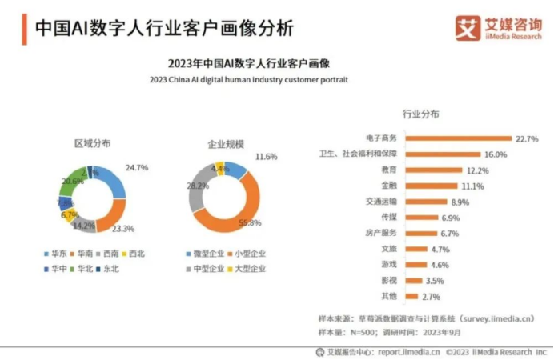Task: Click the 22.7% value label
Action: (527, 139)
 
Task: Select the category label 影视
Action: (390, 281)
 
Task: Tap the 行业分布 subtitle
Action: (420, 114)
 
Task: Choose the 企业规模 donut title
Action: (225, 145)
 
